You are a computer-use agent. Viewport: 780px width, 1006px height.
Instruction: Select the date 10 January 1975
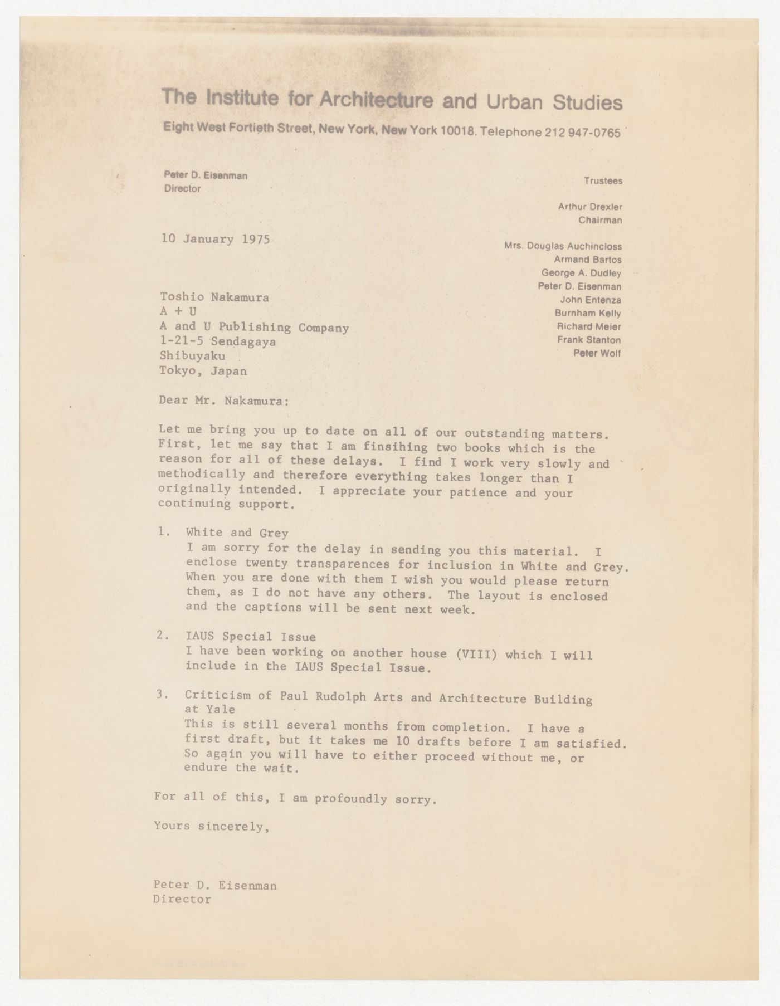point(216,240)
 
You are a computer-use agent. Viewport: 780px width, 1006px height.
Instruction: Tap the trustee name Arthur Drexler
point(590,207)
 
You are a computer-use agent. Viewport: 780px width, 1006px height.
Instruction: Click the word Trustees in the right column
point(603,180)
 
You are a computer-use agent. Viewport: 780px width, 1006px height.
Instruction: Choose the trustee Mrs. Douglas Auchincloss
point(563,246)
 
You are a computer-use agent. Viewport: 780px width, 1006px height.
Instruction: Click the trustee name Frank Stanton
point(588,340)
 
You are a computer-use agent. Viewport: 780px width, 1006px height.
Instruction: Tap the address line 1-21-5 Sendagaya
point(217,341)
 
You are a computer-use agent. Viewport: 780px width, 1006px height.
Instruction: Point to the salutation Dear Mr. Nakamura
point(224,400)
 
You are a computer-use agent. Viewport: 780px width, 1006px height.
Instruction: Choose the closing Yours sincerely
point(212,827)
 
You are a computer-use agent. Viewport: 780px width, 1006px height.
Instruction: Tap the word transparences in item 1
point(347,565)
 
